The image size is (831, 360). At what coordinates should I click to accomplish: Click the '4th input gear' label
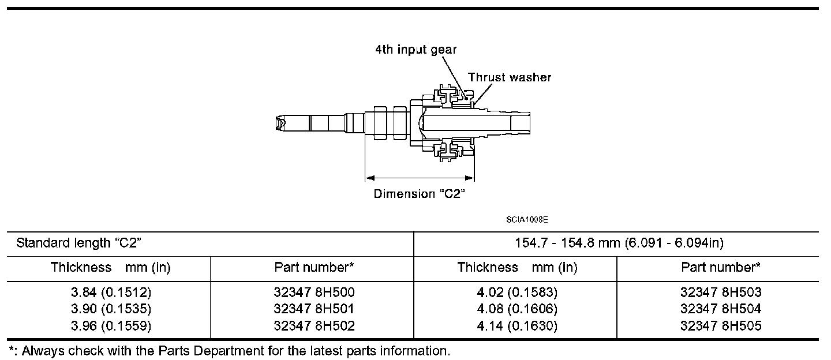[415, 50]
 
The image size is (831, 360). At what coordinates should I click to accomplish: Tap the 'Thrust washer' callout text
[509, 77]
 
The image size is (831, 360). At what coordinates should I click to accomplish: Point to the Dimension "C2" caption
[420, 194]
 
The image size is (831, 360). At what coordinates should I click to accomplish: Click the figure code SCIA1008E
[527, 220]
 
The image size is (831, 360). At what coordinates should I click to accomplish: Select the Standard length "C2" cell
[79, 243]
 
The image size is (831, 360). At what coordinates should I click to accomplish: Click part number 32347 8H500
[314, 292]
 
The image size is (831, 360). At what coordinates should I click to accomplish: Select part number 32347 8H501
[314, 309]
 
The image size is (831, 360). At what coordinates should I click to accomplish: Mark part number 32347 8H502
[314, 327]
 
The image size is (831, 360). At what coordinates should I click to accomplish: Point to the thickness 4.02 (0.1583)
[516, 292]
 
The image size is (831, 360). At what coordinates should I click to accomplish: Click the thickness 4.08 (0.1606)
[516, 309]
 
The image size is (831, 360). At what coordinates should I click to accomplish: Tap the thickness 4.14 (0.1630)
[516, 327]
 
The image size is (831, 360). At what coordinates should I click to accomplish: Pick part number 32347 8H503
[721, 292]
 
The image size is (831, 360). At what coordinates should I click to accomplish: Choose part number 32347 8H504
[721, 309]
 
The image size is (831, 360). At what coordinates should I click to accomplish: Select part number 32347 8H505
[721, 327]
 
